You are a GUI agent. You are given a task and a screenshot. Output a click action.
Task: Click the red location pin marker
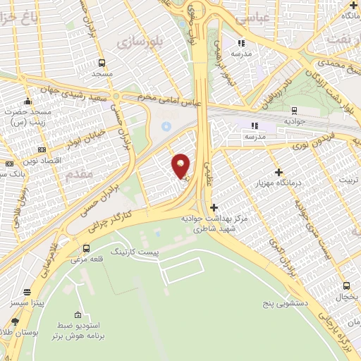coord(181,166)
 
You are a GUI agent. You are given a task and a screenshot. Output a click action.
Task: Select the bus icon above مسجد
coord(102,61)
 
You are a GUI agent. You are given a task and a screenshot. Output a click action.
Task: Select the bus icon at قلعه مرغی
coord(86,248)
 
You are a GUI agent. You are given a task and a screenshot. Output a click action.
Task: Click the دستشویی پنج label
coord(269,304)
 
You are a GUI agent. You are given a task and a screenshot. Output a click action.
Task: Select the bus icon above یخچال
coord(345,286)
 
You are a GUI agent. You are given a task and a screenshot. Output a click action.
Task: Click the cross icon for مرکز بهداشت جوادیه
coord(214,207)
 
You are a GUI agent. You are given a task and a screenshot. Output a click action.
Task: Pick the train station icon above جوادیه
coord(294,110)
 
